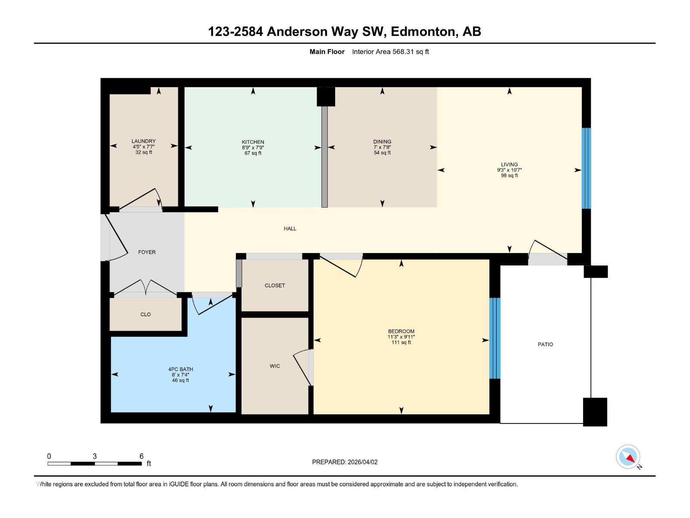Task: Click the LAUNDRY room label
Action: coord(144,141)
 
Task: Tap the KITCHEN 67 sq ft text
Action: coord(253,153)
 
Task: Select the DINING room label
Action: coord(382,142)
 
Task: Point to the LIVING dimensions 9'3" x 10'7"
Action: coord(509,170)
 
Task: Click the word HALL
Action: coord(290,229)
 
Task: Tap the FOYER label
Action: coord(147,252)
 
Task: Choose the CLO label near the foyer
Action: coord(145,315)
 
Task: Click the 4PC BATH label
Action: coord(180,370)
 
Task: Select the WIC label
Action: coord(275,366)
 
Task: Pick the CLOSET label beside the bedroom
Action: coord(275,286)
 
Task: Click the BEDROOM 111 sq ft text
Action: coord(401,343)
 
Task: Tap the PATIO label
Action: coord(545,344)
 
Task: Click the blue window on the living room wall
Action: coord(586,168)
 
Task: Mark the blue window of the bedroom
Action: coord(495,338)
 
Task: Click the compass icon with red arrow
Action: coord(628,457)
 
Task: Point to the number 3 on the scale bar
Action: coord(94,456)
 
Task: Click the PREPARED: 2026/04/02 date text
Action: coord(345,462)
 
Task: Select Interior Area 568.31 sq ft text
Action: coord(390,52)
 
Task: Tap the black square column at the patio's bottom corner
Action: coord(595,412)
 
